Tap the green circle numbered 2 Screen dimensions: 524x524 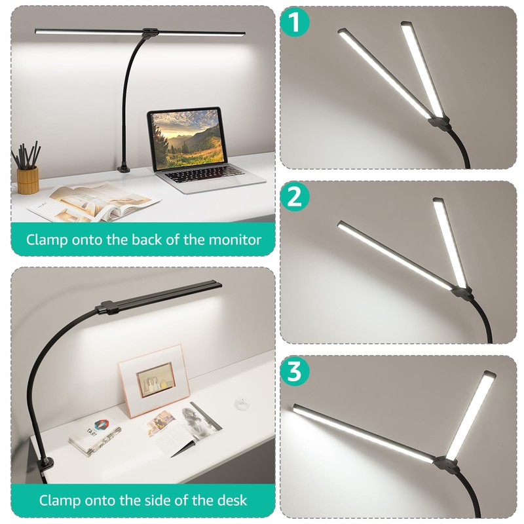coord(296,197)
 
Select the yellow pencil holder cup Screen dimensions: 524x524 coord(28,179)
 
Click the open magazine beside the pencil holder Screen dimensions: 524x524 coord(92,201)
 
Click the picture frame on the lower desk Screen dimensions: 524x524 coord(151,381)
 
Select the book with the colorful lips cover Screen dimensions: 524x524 coord(95,435)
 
